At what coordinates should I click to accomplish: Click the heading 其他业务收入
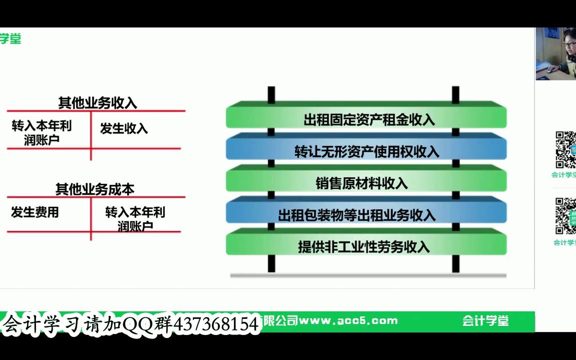click(97, 103)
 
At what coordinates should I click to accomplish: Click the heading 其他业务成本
click(95, 189)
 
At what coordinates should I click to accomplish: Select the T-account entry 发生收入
click(124, 129)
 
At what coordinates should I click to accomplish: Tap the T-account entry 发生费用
click(35, 212)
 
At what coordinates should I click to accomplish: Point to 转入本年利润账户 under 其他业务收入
click(42, 133)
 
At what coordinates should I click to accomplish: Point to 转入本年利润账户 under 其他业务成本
click(135, 219)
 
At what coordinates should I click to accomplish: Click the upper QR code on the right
click(565, 150)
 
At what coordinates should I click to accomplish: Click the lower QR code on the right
click(565, 216)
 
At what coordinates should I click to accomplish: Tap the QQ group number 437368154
click(216, 324)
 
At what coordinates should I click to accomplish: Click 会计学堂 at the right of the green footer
click(485, 321)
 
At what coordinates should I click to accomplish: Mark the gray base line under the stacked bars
click(368, 275)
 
